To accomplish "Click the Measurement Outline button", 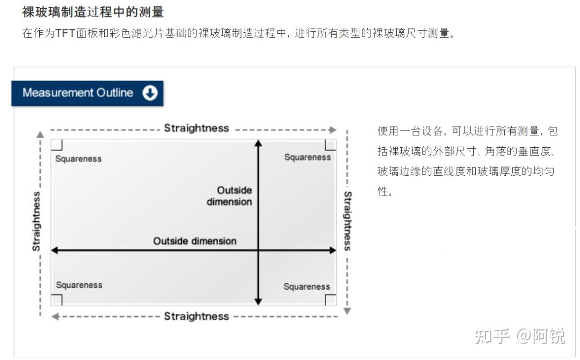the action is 87,93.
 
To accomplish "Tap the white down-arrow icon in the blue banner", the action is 150,93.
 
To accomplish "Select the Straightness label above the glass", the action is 197,128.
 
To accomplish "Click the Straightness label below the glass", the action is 197,316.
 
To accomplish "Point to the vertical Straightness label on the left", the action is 37,221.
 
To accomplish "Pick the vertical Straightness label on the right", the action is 347,221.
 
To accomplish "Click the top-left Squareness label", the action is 78,159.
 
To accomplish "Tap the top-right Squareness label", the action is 307,157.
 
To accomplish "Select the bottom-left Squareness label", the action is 79,285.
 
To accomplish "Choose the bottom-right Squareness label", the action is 307,286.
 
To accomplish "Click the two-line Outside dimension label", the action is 230,196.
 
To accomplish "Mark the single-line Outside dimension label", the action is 195,241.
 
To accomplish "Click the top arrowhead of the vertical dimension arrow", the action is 258,143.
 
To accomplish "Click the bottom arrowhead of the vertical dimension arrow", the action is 258,301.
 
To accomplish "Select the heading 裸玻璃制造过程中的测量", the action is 93,12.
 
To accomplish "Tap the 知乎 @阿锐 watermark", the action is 519,336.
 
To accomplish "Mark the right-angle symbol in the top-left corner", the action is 57,145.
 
